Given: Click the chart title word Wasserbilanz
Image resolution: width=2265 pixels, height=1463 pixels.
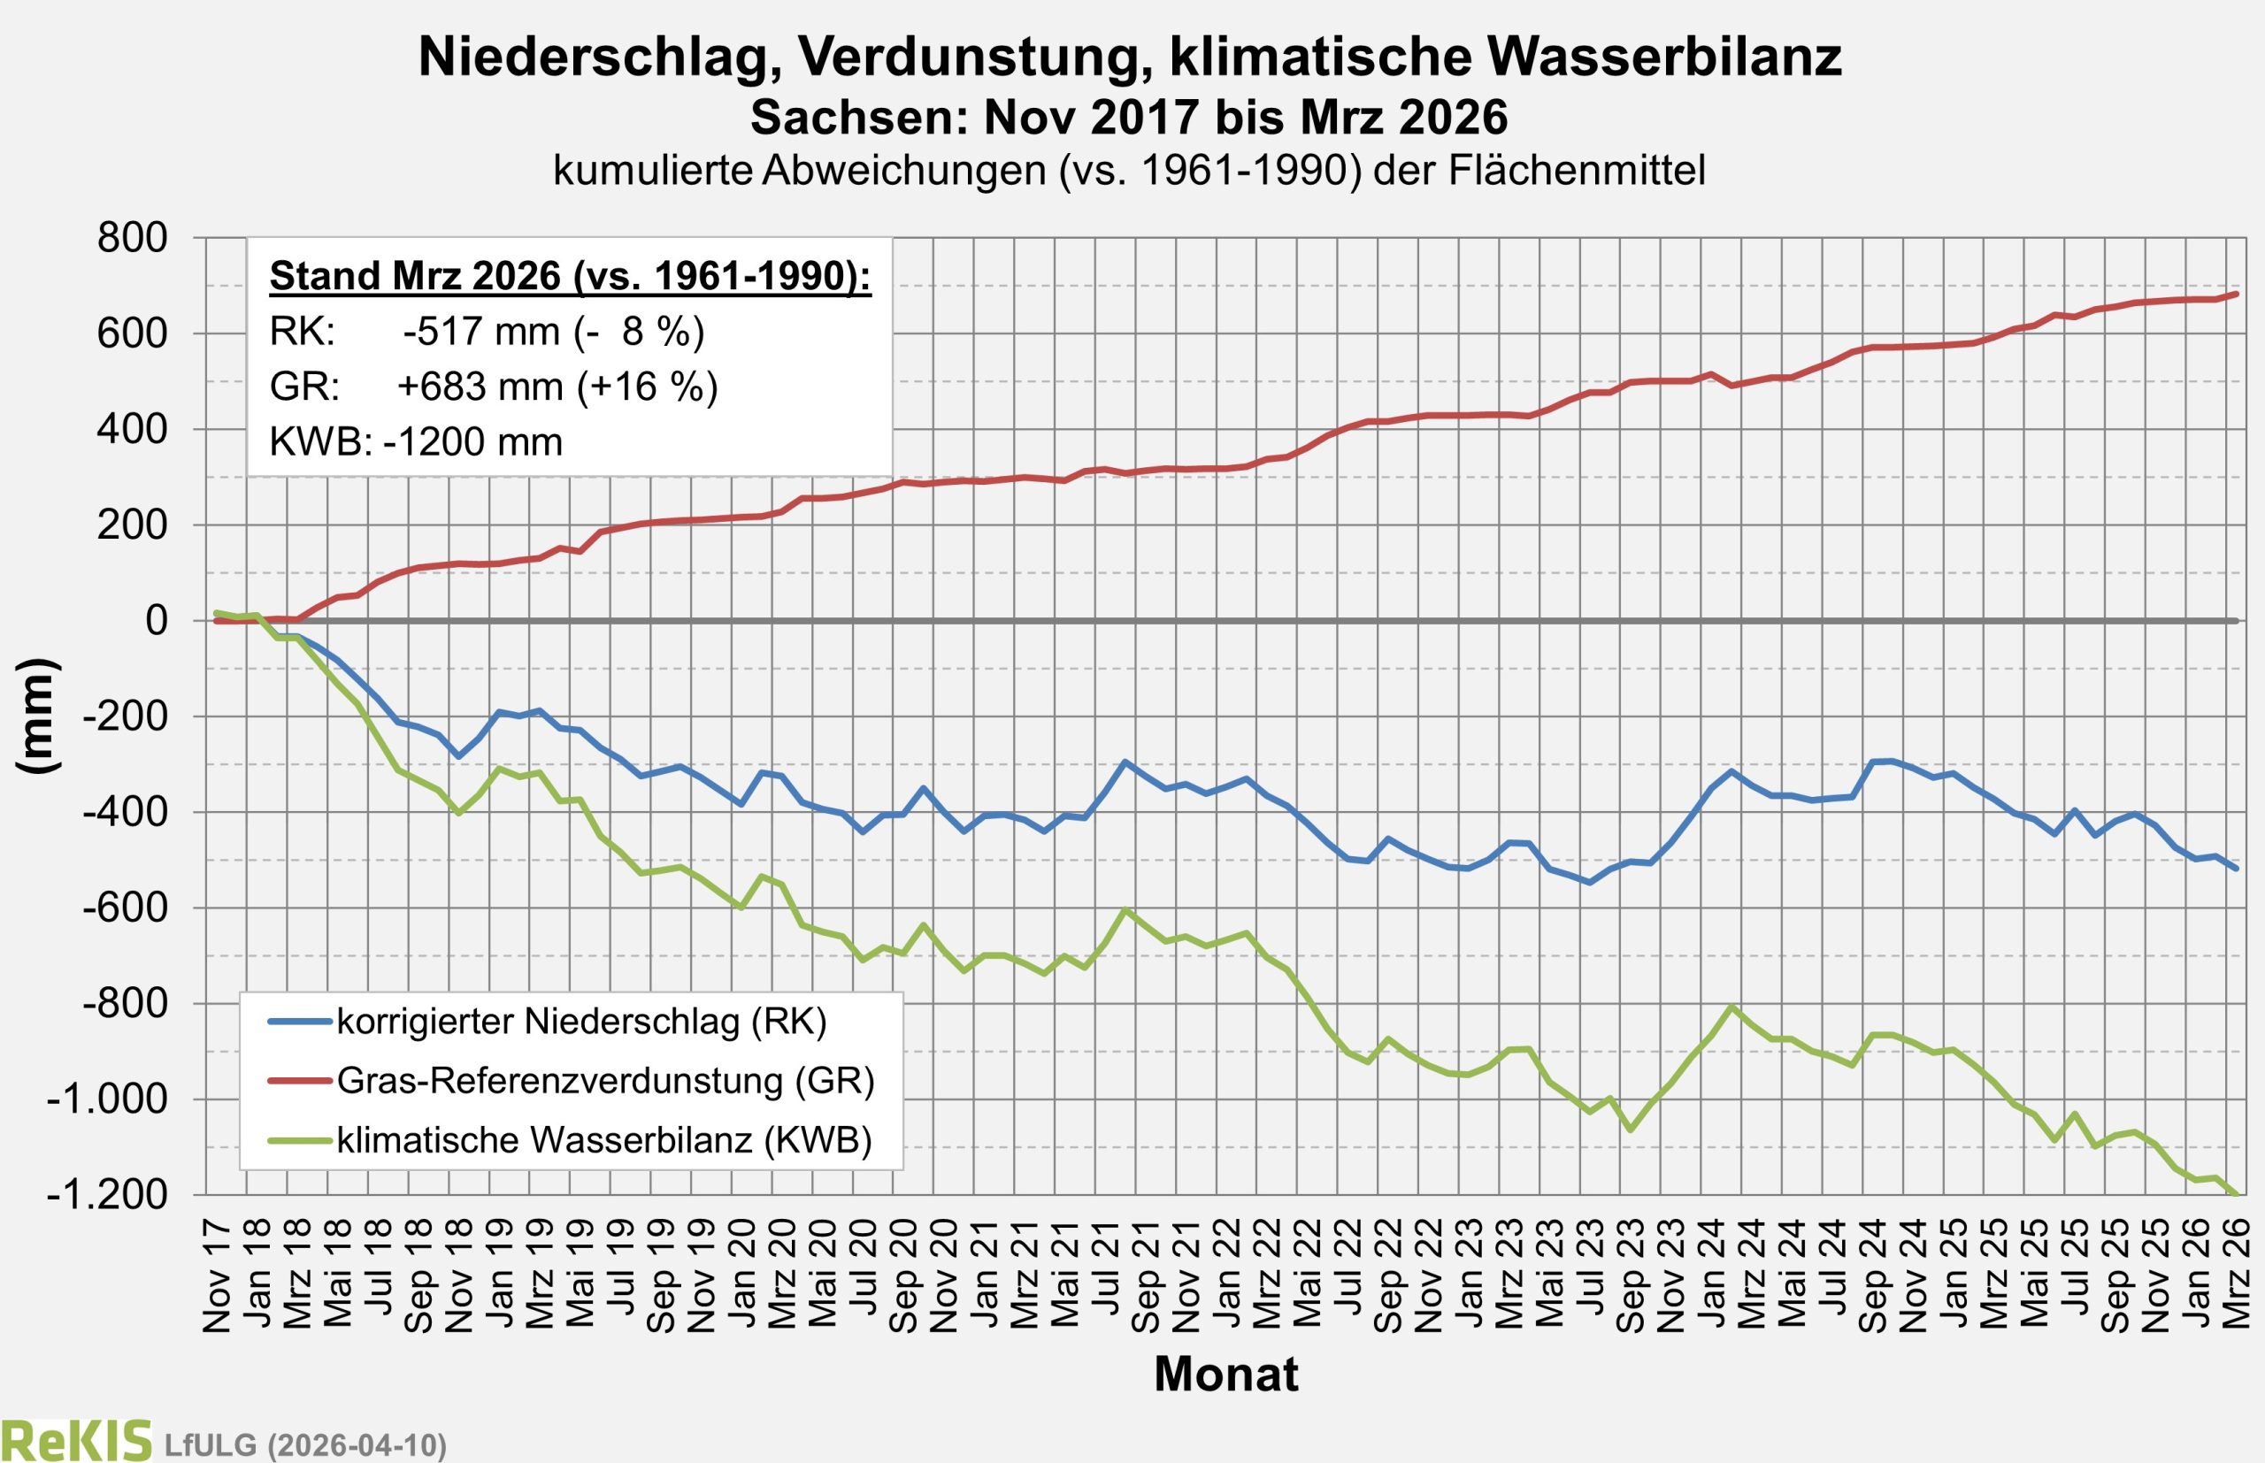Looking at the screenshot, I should [x=1663, y=57].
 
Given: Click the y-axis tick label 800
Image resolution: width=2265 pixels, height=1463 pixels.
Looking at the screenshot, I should [x=132, y=238].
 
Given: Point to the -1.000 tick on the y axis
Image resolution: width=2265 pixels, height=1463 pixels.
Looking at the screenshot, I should [x=106, y=1099].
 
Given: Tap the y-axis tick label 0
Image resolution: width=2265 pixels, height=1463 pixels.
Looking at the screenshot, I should [x=156, y=620].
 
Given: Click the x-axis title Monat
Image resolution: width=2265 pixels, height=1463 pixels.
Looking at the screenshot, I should [x=1225, y=1374].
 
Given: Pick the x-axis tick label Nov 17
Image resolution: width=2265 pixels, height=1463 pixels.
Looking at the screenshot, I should [x=218, y=1278].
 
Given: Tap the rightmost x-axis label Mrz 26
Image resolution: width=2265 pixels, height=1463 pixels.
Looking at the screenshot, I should [x=2238, y=1278].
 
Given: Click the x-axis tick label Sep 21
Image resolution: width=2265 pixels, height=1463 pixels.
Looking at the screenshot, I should [x=1147, y=1278].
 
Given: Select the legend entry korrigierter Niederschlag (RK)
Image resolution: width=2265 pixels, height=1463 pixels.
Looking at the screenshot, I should [x=581, y=1022].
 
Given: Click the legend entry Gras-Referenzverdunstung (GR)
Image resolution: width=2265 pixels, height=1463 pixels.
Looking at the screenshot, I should [x=605, y=1080].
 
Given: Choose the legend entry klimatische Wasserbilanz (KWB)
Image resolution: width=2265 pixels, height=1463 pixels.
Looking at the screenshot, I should [x=604, y=1139].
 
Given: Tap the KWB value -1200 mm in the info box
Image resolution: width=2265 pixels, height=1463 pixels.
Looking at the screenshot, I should [x=472, y=441].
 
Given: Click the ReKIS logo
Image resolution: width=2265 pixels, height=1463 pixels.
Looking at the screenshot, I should [x=76, y=1439].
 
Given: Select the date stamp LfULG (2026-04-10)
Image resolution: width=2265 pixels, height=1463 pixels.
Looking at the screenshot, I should [x=305, y=1444].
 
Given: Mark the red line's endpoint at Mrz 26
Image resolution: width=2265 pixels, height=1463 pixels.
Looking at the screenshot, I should [x=2238, y=294].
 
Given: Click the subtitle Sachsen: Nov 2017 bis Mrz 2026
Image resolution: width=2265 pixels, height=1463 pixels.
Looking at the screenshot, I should [x=1129, y=118].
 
